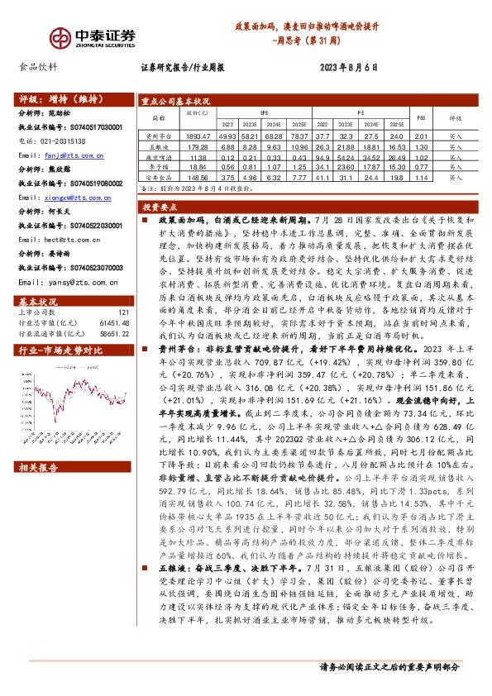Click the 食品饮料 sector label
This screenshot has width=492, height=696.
pos(38,67)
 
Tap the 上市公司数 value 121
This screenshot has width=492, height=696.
pos(124,288)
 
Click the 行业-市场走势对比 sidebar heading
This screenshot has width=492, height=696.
pos(59,327)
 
